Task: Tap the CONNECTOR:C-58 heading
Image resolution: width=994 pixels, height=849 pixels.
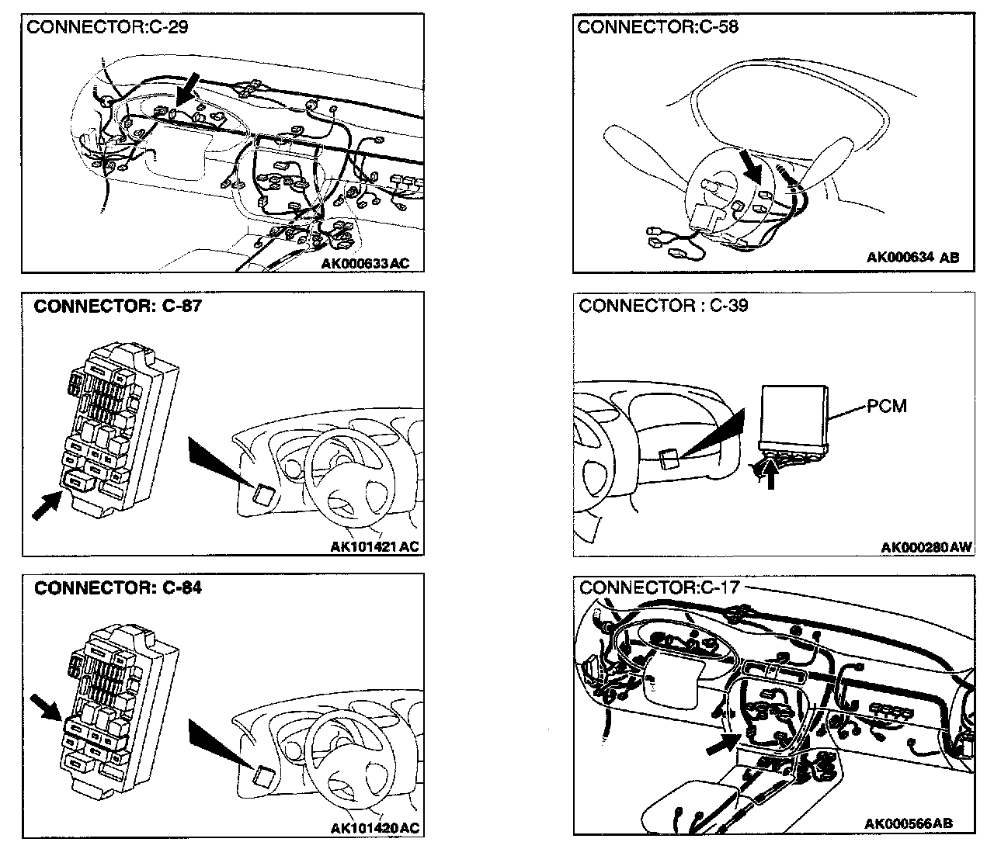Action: tap(658, 28)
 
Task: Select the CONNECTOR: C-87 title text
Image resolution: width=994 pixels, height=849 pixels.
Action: tap(118, 306)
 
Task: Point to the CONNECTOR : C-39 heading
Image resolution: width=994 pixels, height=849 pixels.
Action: tap(663, 306)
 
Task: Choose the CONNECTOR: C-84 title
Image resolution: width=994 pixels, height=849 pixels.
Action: tap(118, 587)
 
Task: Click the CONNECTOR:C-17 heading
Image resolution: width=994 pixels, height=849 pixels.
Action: tap(659, 587)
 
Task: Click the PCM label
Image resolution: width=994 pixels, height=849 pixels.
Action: tap(887, 405)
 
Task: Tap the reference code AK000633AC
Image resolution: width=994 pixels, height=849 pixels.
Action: tap(365, 264)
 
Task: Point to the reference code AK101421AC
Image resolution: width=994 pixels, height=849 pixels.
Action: tap(374, 547)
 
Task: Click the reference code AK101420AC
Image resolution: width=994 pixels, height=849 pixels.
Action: tap(374, 829)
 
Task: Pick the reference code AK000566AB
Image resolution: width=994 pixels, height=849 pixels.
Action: tap(909, 823)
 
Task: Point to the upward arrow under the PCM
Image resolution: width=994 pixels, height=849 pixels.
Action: tap(770, 473)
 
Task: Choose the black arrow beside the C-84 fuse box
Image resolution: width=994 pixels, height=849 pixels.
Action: tap(46, 708)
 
